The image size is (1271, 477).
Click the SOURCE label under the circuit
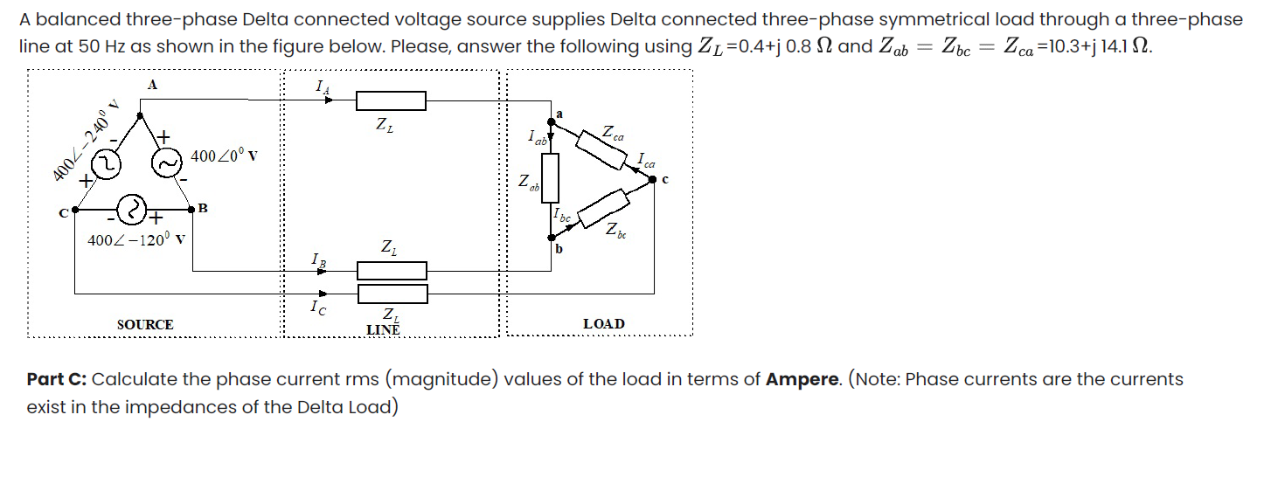(x=145, y=324)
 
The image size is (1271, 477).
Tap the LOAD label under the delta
(x=603, y=324)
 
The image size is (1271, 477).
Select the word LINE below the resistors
(x=383, y=329)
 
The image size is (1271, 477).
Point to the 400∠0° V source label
(x=222, y=156)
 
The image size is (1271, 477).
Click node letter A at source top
(x=152, y=85)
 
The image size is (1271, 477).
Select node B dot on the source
(x=193, y=210)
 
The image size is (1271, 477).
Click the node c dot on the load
(x=655, y=178)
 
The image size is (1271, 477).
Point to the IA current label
(x=321, y=85)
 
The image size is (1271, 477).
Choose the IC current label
(x=319, y=308)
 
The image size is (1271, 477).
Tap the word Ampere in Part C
(x=802, y=379)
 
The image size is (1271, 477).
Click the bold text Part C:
(x=57, y=379)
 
